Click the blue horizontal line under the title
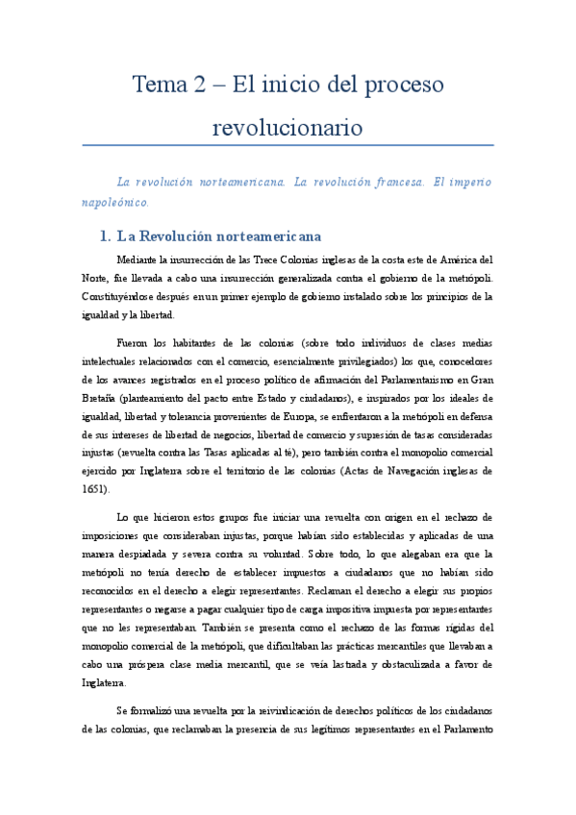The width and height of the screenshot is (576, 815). pos(288,146)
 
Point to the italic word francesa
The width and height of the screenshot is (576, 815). pos(370,181)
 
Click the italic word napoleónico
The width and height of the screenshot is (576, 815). pos(115,203)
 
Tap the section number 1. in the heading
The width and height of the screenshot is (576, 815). pos(105,235)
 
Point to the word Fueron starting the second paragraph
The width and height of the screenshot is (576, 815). pos(135,342)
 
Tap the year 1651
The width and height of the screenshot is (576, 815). pos(95,488)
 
